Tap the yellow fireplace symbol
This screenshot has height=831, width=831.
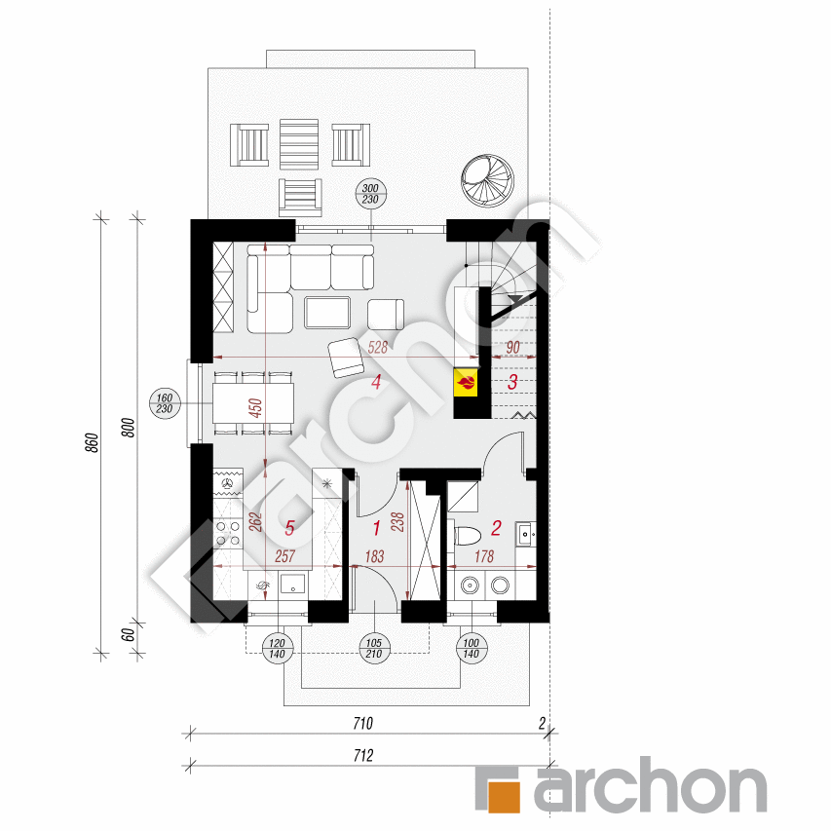[x=467, y=381]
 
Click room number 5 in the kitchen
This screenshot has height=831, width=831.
[x=288, y=529]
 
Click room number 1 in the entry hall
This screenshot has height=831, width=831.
[x=377, y=529]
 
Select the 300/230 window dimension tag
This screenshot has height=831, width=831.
[x=370, y=193]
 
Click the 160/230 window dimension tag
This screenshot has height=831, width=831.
[x=163, y=402]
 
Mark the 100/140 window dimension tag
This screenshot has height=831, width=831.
[x=472, y=646]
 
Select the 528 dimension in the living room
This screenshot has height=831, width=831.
[x=378, y=348]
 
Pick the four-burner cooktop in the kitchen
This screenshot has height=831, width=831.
[x=229, y=532]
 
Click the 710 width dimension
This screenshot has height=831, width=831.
[x=362, y=724]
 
